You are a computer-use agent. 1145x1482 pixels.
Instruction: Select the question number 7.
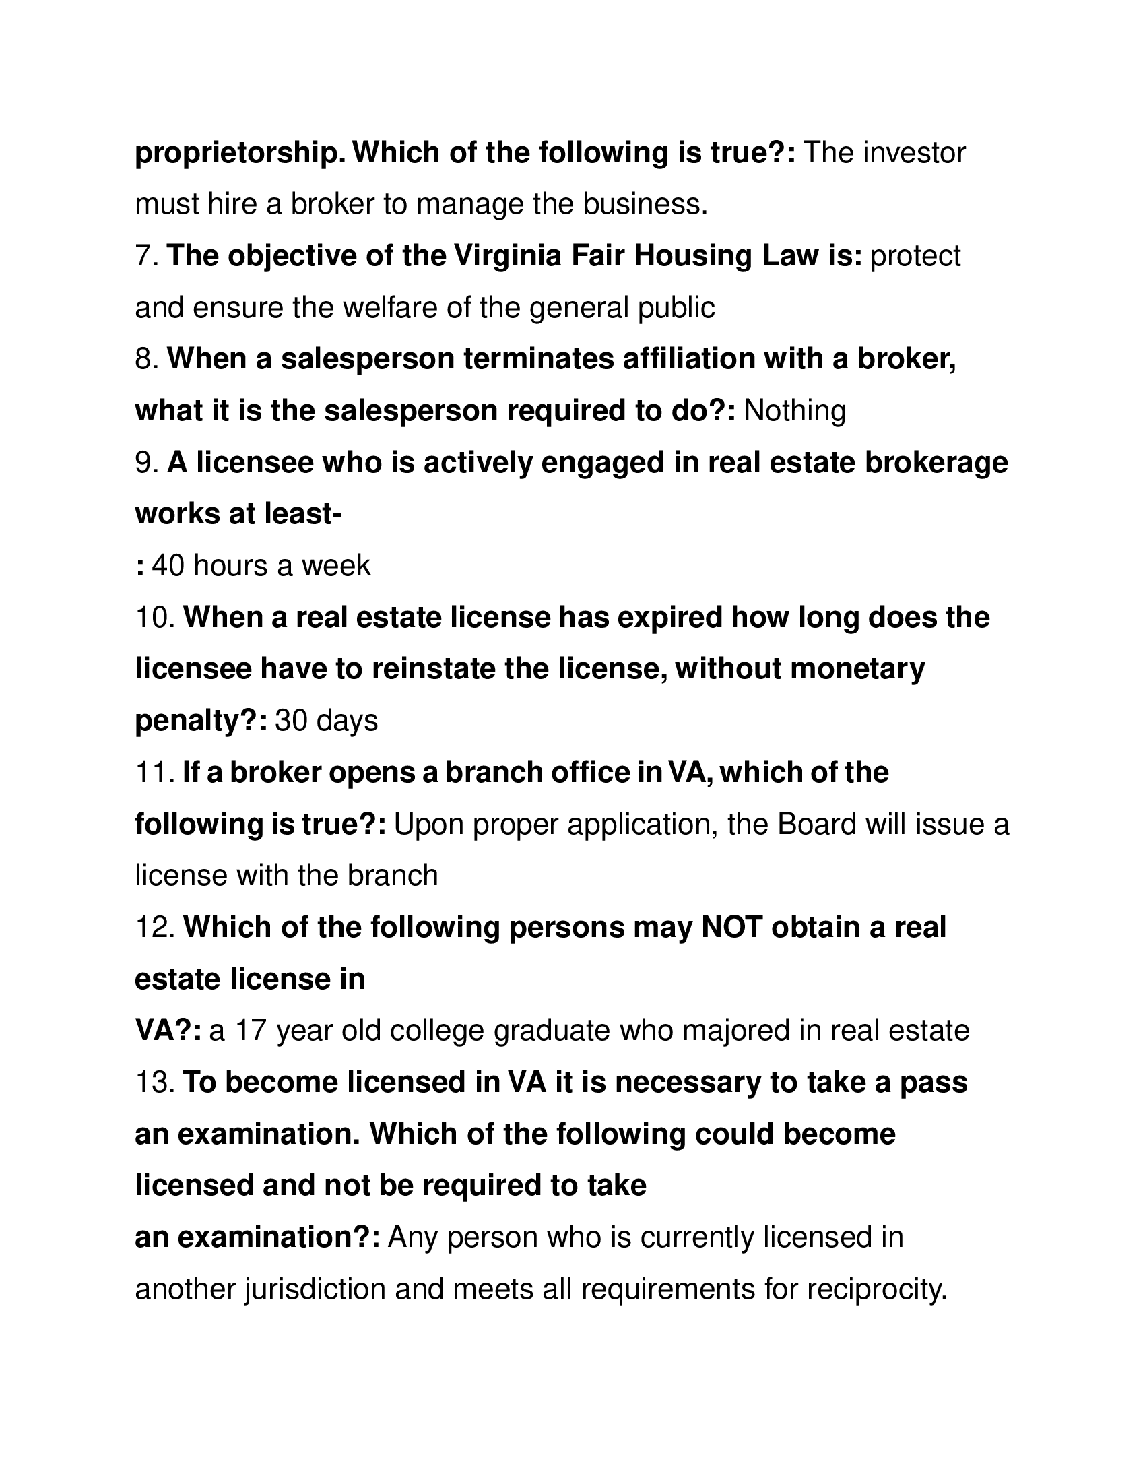(146, 257)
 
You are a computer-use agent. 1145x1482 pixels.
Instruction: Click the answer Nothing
(794, 411)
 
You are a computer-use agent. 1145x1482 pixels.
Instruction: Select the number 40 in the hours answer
(168, 566)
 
